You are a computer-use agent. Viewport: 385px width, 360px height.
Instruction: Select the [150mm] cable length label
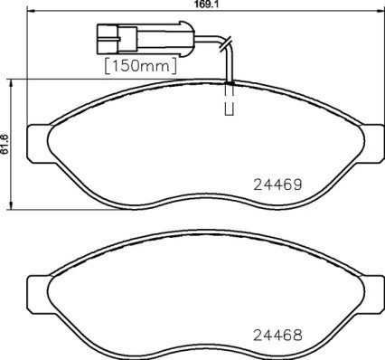(x=139, y=66)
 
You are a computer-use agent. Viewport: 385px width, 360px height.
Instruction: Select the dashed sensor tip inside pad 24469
(x=229, y=102)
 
